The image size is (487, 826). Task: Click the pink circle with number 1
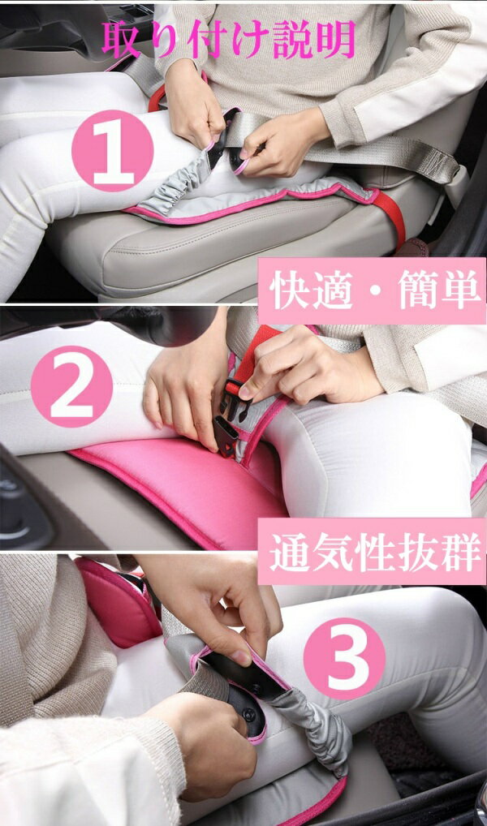(113, 151)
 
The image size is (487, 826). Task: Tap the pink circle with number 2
(71, 386)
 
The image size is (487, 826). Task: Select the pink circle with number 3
(344, 659)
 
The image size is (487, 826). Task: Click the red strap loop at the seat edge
(393, 217)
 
